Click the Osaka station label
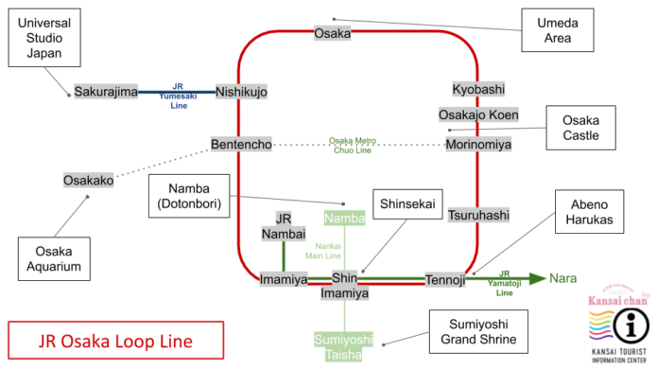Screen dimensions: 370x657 (x=332, y=33)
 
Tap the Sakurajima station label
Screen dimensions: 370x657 (x=106, y=92)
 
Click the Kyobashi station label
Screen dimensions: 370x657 (x=478, y=89)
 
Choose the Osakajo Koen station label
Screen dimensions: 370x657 (x=478, y=115)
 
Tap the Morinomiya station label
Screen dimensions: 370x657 (x=478, y=144)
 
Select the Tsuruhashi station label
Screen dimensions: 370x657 (x=478, y=215)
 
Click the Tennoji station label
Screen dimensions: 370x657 (x=444, y=279)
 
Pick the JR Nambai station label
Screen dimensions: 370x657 (x=284, y=225)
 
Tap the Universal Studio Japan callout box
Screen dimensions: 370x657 (x=39, y=38)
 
